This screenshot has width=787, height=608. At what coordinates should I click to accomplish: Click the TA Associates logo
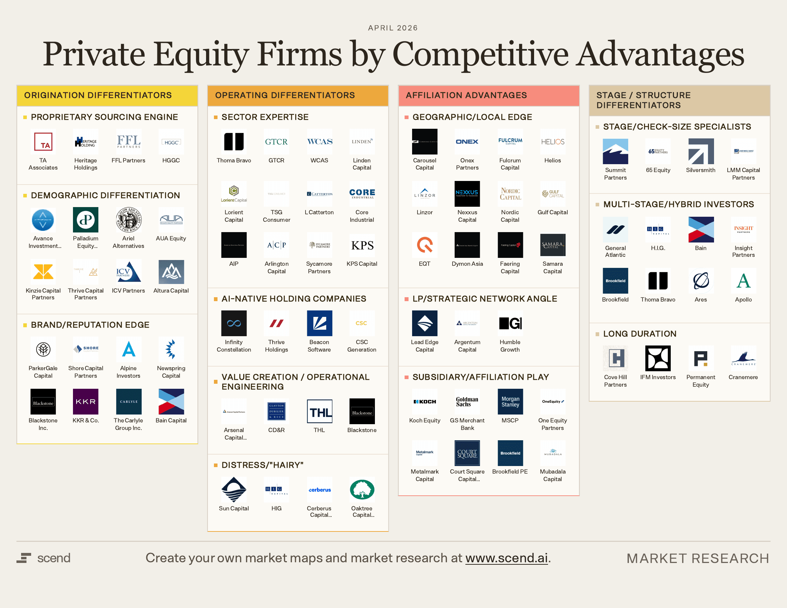[43, 142]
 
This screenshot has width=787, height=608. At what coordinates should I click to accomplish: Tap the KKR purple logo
[85, 402]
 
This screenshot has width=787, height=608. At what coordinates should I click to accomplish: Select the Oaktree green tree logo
[362, 490]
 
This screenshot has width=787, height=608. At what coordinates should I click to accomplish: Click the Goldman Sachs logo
[467, 402]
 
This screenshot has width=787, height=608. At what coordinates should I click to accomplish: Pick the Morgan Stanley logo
[510, 402]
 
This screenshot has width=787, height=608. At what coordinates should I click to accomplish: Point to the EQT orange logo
[425, 245]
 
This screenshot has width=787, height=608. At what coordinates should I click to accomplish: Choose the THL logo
[319, 411]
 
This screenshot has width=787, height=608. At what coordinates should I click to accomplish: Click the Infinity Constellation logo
[234, 323]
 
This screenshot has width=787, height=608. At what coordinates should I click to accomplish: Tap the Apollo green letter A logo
[743, 281]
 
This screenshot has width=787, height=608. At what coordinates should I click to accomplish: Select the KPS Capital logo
[362, 245]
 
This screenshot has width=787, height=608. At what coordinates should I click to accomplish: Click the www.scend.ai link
[506, 558]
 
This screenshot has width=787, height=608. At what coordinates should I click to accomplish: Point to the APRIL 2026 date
[393, 28]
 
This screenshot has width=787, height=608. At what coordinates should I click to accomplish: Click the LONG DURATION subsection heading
[640, 334]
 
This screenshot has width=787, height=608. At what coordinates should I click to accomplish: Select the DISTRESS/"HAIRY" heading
[262, 465]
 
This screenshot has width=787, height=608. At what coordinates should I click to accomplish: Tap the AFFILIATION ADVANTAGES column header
[466, 95]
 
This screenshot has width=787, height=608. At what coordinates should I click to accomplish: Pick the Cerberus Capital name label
[319, 511]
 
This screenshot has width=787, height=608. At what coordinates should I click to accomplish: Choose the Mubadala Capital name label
[552, 475]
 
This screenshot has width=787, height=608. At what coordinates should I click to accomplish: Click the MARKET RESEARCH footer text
[698, 558]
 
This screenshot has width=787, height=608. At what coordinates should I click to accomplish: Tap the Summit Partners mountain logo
[615, 152]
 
